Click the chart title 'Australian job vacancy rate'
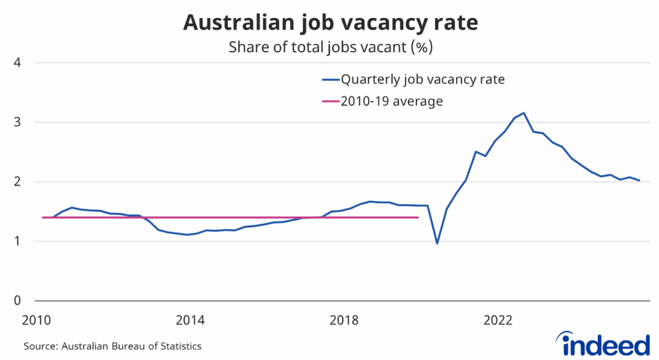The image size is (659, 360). pos(330,23)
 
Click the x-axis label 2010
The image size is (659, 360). pos(36,320)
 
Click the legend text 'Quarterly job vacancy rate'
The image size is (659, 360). pos(422,80)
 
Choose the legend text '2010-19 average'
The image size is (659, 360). pos(392,101)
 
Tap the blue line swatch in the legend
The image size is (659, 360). pos(329,81)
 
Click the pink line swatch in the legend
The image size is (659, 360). pos(329,101)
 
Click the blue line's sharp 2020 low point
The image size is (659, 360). pos(437,243)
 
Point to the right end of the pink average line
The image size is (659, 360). pos(418,218)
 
